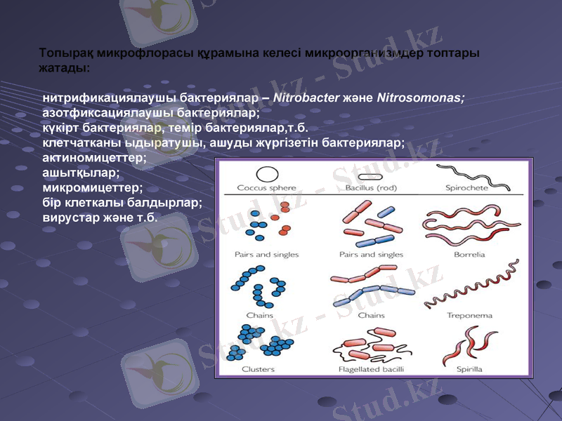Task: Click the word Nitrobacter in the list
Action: (x=306, y=98)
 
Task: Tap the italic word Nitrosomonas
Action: (x=420, y=98)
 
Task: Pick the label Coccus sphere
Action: (x=266, y=188)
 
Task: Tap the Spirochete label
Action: (x=469, y=188)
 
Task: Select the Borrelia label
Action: (x=469, y=255)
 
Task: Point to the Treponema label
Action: (x=469, y=316)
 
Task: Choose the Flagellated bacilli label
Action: (x=370, y=369)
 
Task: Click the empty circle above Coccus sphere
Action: (x=266, y=174)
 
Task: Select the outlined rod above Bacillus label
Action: (x=370, y=177)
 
